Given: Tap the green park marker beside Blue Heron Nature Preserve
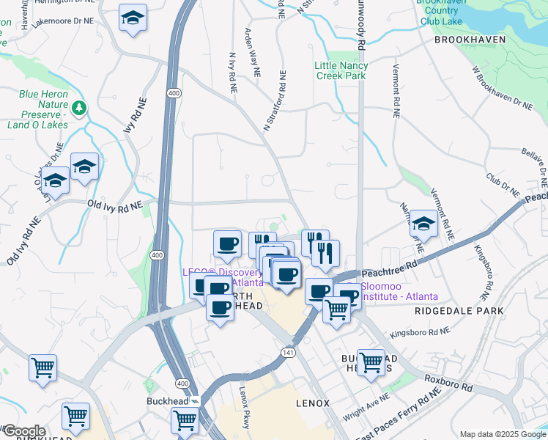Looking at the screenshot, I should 78,108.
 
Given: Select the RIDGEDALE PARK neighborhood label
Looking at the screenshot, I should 459,311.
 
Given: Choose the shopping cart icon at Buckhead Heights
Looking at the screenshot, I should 371,362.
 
